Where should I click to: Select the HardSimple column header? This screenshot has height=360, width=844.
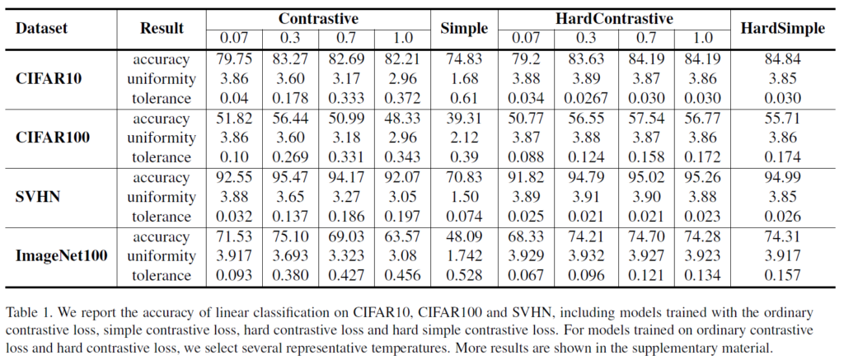[782, 28]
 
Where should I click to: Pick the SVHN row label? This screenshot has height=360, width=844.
[40, 198]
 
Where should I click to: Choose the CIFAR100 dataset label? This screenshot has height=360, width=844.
[54, 138]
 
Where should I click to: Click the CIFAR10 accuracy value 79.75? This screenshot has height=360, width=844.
[233, 59]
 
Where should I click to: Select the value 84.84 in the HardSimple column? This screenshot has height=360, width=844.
[782, 59]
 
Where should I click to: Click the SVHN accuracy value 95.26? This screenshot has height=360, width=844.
[703, 177]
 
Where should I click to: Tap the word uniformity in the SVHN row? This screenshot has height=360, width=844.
[162, 197]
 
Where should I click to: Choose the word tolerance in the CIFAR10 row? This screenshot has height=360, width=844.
[162, 99]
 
